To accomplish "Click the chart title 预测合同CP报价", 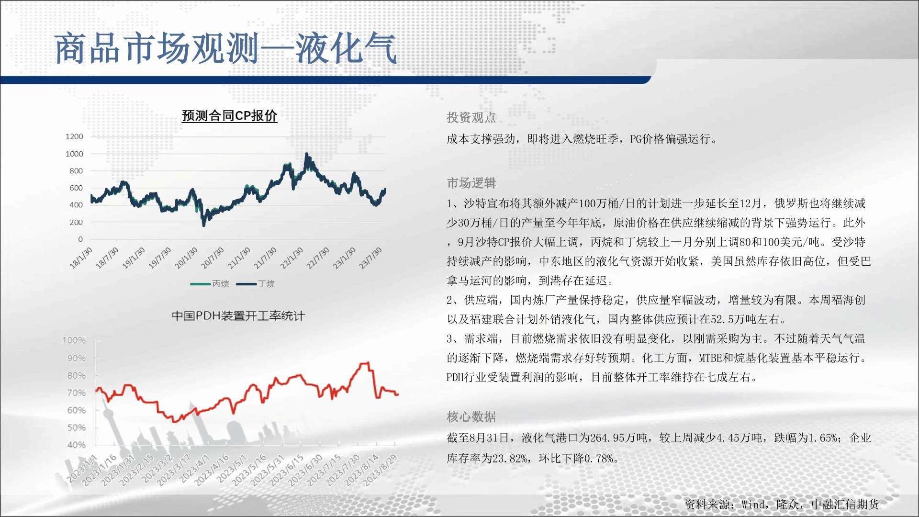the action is coord(229,116).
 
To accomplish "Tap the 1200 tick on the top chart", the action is coord(74,136).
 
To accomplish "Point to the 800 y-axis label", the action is coord(76,171).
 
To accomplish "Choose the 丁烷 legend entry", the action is coord(256,284).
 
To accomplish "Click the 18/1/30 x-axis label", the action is coord(81,258).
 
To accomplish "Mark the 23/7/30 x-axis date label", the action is coord(371,258).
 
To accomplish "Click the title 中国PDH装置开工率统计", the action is coord(238,316).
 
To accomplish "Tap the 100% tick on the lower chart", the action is coord(74,340).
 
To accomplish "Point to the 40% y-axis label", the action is coord(77,445).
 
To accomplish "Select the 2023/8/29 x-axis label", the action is coord(381,470).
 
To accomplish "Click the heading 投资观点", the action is coord(471,118).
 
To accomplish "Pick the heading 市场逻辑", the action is coord(471,183).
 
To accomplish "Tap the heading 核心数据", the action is coord(471,416).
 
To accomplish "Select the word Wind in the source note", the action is coord(753,505).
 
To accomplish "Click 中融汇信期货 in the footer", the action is coord(845,505).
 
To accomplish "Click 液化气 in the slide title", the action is coord(346,48).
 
